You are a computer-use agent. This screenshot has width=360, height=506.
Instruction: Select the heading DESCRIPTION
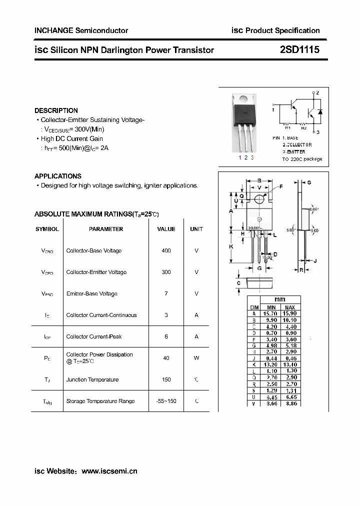56,110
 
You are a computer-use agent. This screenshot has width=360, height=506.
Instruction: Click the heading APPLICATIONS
57,176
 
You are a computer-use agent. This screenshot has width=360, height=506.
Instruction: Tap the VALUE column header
166,229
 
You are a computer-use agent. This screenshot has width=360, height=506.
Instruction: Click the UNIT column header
196,229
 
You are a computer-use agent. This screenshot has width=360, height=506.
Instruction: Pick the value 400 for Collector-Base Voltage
166,250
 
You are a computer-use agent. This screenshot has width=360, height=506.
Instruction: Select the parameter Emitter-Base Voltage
91,293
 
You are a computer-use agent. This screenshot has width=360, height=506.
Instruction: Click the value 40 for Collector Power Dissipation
166,358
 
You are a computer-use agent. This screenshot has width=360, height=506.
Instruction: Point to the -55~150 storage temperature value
165,401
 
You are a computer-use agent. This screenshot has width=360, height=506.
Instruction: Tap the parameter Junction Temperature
92,379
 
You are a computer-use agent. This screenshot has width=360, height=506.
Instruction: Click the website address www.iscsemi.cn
109,471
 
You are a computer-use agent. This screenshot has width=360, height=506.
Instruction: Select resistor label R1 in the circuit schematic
287,127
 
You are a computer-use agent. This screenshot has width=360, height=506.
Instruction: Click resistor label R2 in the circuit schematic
304,127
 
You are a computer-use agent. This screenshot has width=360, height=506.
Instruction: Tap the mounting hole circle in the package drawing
259,199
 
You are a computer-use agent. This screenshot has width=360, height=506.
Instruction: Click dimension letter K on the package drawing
231,246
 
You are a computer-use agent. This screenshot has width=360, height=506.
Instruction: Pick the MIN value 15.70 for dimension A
271,313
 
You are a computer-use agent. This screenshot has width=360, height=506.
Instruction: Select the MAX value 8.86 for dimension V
290,403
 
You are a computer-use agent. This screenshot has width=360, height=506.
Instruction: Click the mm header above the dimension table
280,299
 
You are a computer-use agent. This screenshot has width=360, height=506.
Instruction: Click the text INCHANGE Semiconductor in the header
81,30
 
